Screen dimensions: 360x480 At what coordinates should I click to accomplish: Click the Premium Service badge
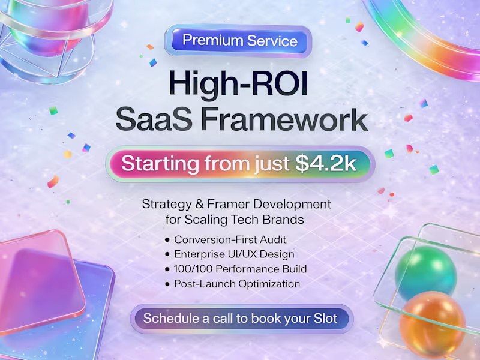[x=240, y=41]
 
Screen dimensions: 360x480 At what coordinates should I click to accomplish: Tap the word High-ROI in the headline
[x=240, y=83]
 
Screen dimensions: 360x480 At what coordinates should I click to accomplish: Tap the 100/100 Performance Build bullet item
[x=240, y=269]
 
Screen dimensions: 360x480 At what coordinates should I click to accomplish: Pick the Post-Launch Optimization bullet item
[x=236, y=284]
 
